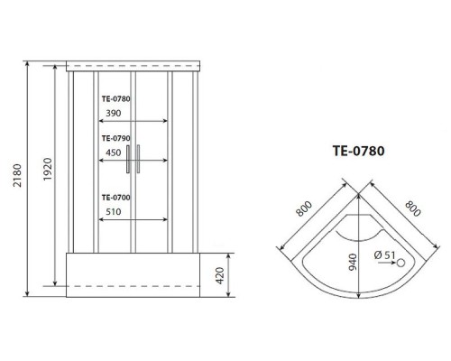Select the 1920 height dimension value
[x=50, y=169]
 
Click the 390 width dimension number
[x=114, y=114]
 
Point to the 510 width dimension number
[x=114, y=213]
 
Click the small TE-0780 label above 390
[x=117, y=99]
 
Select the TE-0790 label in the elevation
[x=117, y=138]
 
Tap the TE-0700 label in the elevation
[x=117, y=198]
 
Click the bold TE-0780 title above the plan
[x=360, y=152]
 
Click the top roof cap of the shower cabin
[x=133, y=66]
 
